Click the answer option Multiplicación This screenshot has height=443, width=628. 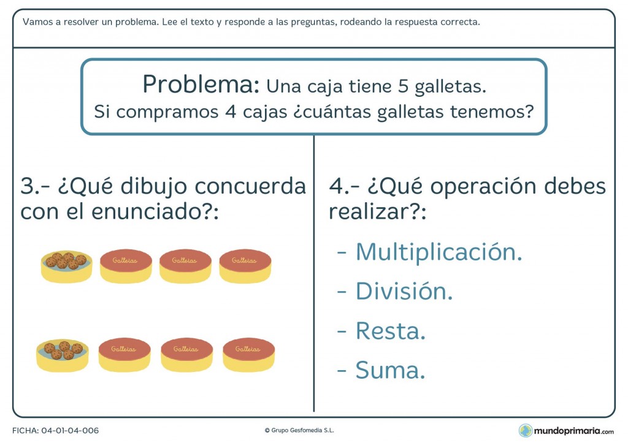[438, 252]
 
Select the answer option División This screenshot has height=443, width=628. [404, 292]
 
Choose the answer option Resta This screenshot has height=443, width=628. [390, 331]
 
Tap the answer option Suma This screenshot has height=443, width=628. [390, 370]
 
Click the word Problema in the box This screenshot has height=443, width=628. [201, 84]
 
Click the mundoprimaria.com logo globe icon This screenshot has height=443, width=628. [526, 430]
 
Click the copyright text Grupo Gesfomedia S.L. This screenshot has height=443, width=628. [302, 431]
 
